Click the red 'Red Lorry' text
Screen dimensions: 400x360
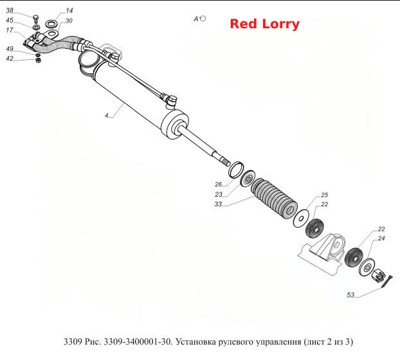[264, 24]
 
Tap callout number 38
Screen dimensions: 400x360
[10, 11]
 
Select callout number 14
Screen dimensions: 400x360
[69, 11]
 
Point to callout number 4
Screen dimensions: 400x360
[107, 116]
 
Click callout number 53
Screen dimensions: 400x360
[350, 295]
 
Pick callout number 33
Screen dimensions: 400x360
[218, 204]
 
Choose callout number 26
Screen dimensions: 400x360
[219, 184]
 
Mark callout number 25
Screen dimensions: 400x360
[325, 195]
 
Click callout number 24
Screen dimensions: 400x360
[381, 239]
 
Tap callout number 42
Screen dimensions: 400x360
[10, 59]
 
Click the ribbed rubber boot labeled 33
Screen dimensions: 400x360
[274, 198]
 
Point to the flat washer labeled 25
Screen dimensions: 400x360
[301, 219]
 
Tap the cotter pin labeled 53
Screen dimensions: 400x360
[387, 282]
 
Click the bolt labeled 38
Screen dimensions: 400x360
[36, 19]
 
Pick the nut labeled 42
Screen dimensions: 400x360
[38, 60]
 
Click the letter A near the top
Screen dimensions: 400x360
[196, 19]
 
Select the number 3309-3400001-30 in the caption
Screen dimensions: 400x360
[137, 341]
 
